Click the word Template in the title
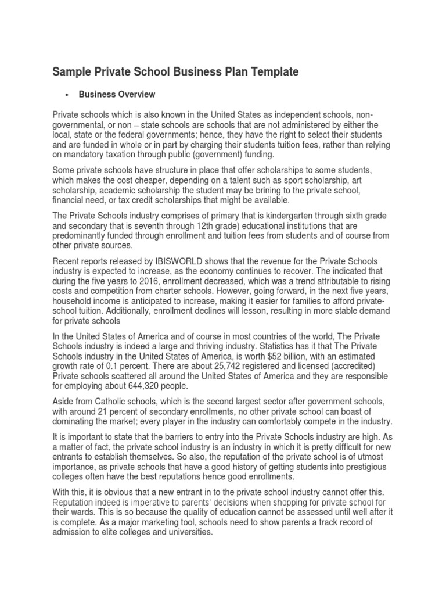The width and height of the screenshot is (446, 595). [x=269, y=71]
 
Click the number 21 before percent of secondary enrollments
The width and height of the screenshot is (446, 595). [x=102, y=411]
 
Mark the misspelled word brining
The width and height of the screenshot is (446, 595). [x=257, y=190]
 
